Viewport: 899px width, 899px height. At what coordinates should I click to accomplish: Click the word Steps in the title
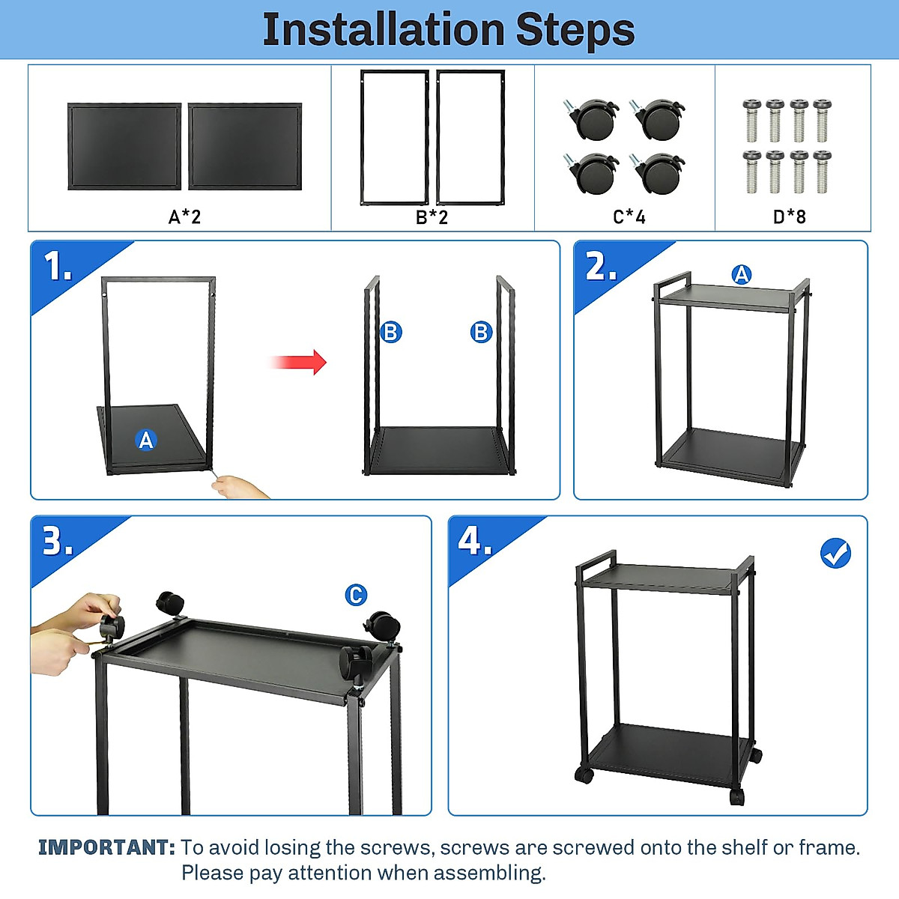point(575,30)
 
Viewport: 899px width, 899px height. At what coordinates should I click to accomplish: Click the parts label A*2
point(184,217)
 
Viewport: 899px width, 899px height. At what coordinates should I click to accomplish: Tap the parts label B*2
point(432,217)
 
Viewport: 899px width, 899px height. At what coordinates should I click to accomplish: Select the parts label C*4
point(629,217)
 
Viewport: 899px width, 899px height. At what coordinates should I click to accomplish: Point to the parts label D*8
point(789,217)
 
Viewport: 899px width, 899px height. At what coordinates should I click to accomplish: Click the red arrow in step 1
point(299,362)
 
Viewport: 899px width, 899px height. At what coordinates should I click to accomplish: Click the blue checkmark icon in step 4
point(835,554)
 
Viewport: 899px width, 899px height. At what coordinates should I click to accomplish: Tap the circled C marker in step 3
point(356,595)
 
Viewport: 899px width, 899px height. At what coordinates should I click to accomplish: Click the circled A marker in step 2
point(741,275)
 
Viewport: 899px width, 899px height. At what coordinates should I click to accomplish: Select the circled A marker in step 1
point(146,440)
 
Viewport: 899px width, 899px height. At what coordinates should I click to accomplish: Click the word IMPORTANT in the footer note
point(106,847)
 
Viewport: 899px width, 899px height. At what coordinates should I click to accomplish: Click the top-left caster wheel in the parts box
point(594,118)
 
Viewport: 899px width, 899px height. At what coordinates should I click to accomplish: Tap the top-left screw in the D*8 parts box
point(751,119)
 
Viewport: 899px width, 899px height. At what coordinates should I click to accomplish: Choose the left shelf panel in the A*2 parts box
point(124,147)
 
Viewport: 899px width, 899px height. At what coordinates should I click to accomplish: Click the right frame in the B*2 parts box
point(470,137)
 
